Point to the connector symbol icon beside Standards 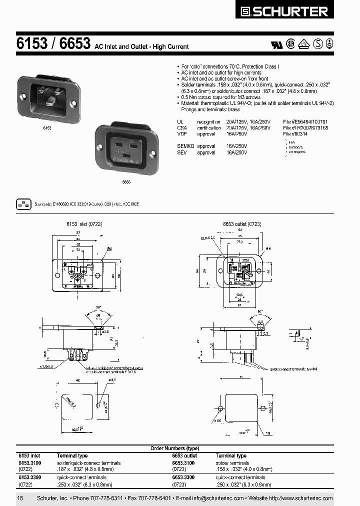(x=23, y=204)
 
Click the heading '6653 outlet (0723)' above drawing (x=242, y=224)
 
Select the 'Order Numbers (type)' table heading (x=174, y=448)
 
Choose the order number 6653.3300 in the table (x=183, y=477)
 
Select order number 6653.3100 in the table (x=183, y=463)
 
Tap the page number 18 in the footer (x=20, y=498)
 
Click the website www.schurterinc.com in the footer (x=304, y=498)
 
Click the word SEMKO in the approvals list (x=185, y=145)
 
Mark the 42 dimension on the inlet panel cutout (x=78, y=380)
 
